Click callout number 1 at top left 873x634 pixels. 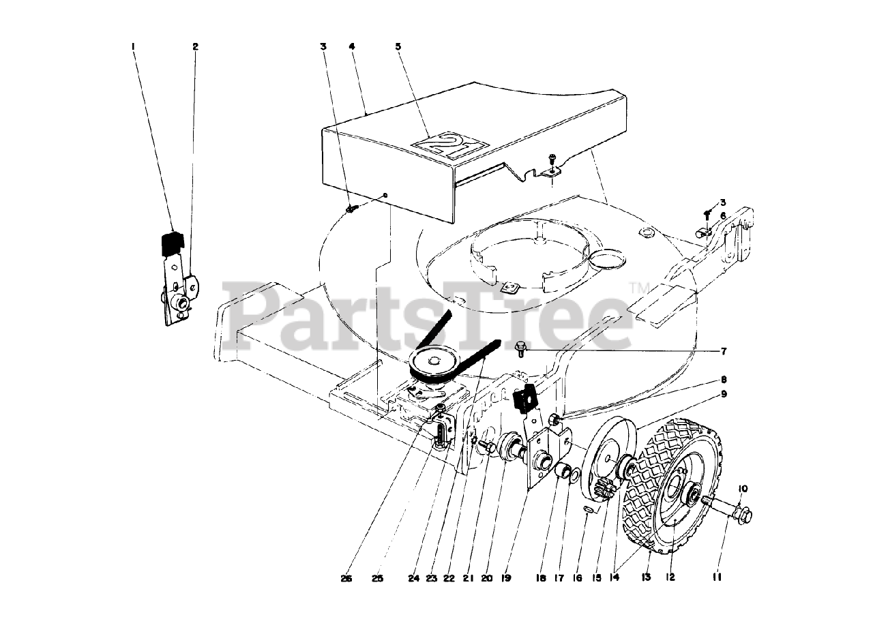pyautogui.click(x=134, y=46)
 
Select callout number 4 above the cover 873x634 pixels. pyautogui.click(x=351, y=46)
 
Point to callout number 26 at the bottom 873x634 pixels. pyautogui.click(x=347, y=578)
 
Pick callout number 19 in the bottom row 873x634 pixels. pyautogui.click(x=506, y=578)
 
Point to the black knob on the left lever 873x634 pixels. pyautogui.click(x=173, y=243)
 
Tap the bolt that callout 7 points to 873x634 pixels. pyautogui.click(x=521, y=349)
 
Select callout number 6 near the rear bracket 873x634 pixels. pyautogui.click(x=723, y=215)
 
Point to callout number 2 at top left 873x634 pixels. pyautogui.click(x=195, y=46)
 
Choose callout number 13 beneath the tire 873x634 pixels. pyautogui.click(x=645, y=577)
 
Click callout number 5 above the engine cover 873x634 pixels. pyautogui.click(x=398, y=46)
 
